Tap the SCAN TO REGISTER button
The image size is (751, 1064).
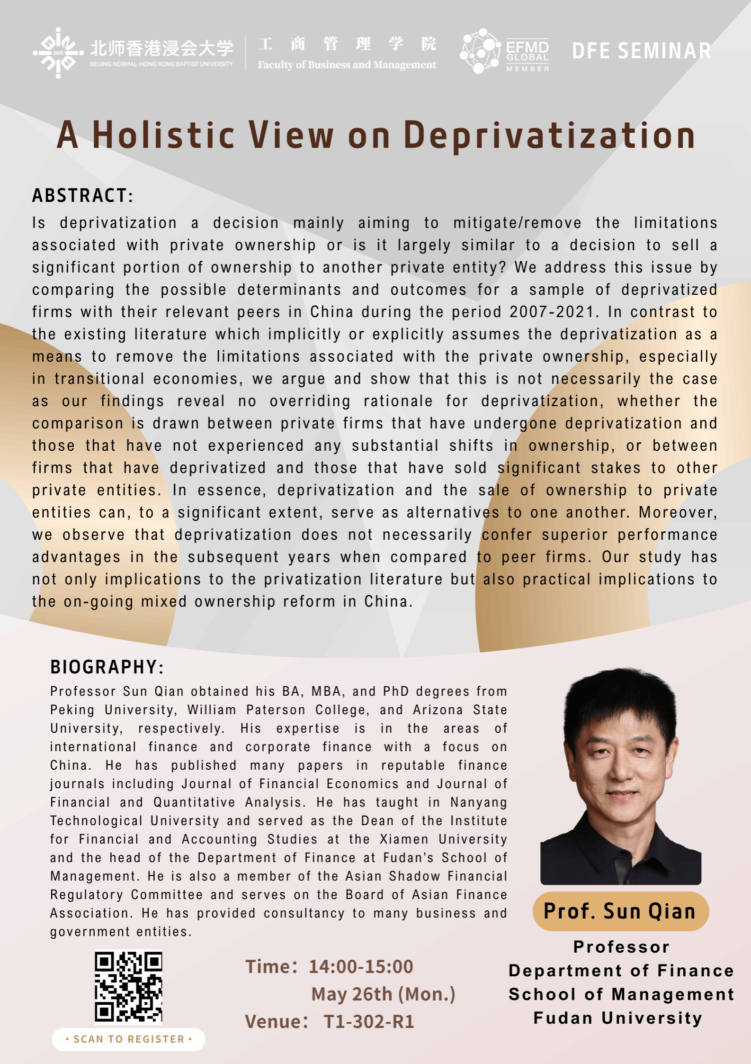128,1039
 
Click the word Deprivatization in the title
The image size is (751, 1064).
549,136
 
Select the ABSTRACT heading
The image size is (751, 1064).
83,195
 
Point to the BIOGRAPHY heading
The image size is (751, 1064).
107,667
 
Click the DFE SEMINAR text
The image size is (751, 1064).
641,51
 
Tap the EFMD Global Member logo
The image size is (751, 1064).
505,51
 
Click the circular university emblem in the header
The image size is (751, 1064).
58,52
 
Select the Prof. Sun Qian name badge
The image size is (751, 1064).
620,911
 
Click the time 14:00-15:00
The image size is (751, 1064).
361,966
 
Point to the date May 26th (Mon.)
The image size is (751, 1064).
383,994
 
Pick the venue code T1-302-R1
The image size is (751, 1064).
369,1021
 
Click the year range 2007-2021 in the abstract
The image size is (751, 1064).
551,312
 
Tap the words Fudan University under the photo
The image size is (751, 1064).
618,1018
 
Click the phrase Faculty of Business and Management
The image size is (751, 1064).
347,64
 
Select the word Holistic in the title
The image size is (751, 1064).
163,136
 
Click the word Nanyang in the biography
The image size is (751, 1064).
478,802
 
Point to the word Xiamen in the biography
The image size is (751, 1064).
404,839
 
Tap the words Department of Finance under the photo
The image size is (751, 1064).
621,971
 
